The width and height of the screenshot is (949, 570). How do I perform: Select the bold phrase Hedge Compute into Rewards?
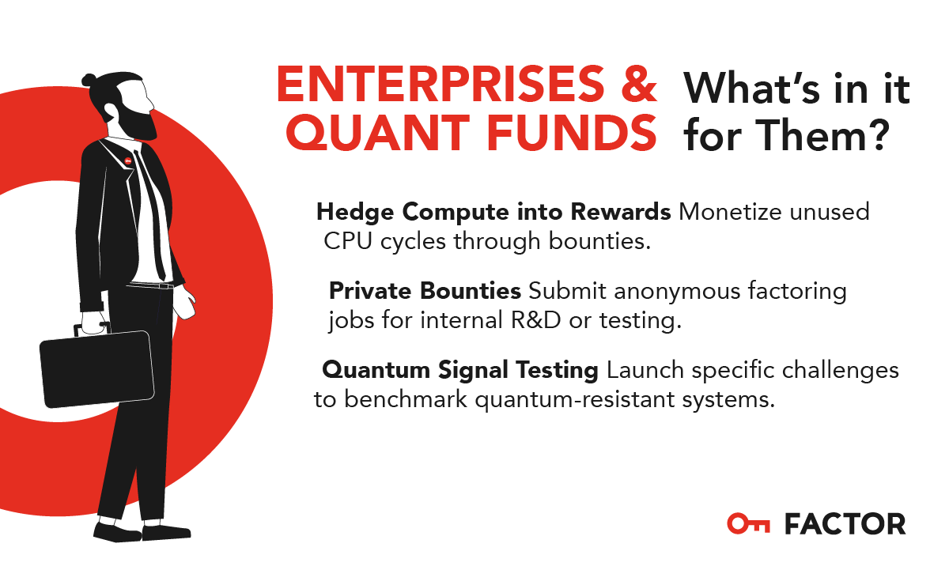click(493, 212)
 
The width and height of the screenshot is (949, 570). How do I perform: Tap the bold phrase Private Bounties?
click(425, 291)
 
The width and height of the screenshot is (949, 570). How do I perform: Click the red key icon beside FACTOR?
click(748, 523)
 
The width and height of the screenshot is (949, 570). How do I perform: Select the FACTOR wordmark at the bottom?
click(845, 523)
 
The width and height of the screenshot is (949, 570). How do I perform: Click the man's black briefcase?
click(96, 368)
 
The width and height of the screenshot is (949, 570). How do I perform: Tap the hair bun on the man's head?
click(89, 79)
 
